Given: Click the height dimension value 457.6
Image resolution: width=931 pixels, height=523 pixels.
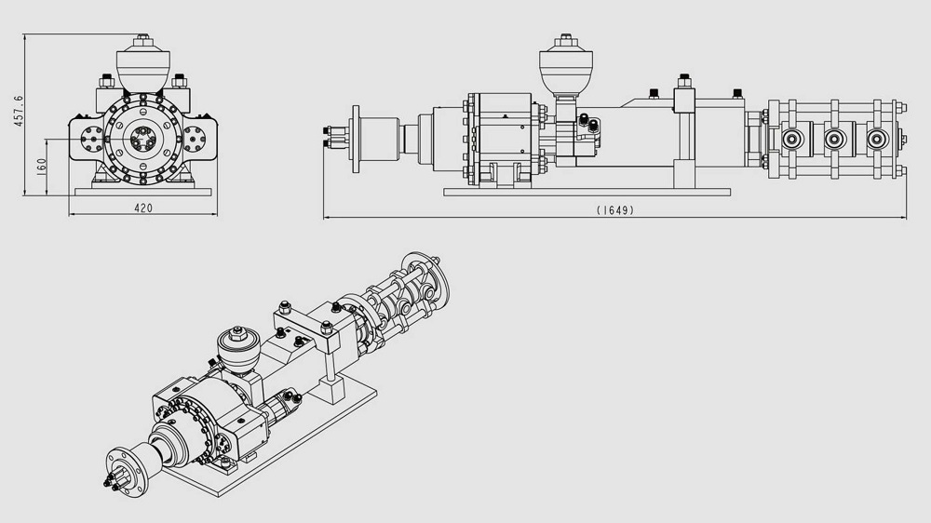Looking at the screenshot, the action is click(19, 111).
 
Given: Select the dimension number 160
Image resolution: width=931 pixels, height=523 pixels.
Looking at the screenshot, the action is click(41, 164).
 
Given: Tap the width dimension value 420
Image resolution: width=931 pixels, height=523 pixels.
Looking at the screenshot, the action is click(143, 208).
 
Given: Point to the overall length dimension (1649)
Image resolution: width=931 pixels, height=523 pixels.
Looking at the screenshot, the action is click(615, 210).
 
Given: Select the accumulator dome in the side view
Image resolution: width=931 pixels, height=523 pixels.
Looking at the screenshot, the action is click(566, 67).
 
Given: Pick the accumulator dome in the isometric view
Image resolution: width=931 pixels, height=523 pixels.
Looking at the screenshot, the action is click(237, 349).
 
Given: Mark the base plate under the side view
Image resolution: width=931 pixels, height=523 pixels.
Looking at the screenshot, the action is click(587, 192).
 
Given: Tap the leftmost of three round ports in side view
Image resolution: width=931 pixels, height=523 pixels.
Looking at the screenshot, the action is click(792, 140).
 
